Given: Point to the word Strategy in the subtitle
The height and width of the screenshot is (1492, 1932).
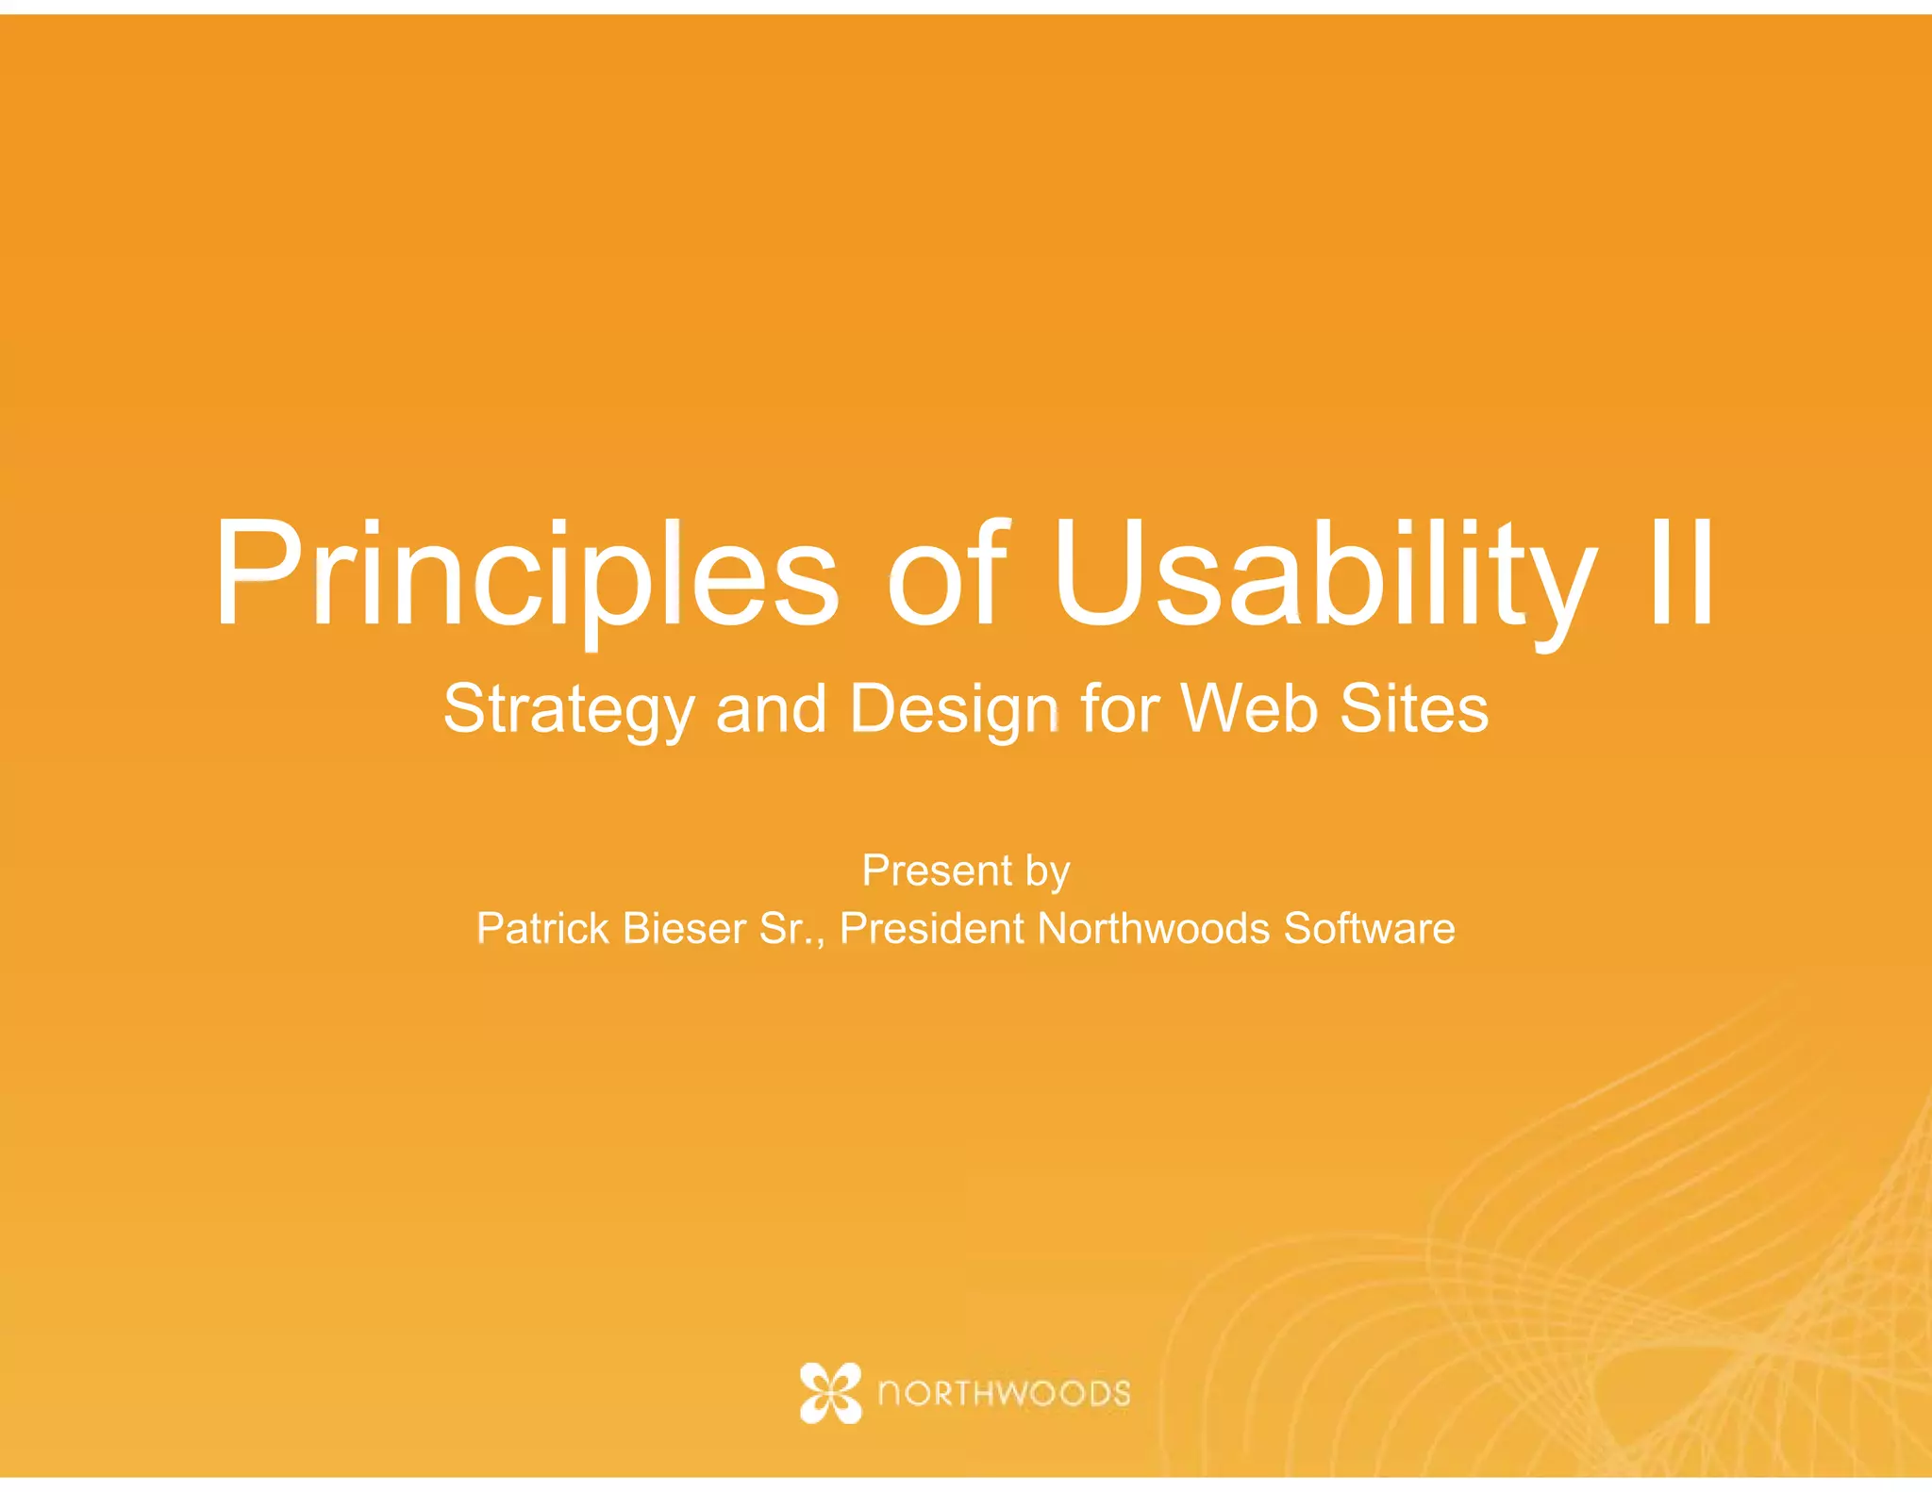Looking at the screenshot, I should [569, 709].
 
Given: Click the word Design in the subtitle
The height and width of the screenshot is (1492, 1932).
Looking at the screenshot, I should [954, 709].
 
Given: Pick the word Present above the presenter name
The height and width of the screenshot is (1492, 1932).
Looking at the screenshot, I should [937, 870].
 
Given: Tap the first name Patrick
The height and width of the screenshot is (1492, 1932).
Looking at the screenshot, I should [542, 928].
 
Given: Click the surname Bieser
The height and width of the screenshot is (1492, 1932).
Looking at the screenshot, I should [684, 928].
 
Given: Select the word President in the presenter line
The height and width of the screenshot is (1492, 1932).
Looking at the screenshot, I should [931, 928].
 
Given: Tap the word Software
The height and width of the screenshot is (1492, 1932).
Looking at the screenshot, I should [1369, 928].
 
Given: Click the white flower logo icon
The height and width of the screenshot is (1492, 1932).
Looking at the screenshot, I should [830, 1392].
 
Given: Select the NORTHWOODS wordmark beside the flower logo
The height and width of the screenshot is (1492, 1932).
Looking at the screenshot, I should [1004, 1393].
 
